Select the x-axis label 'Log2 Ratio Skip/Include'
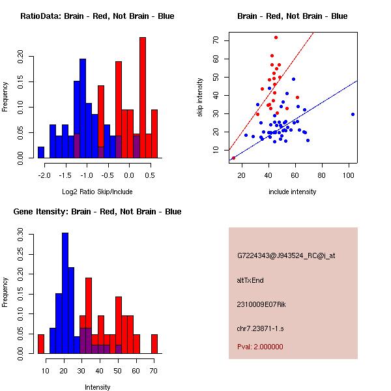97,192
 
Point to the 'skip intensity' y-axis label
201,98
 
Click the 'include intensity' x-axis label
293,192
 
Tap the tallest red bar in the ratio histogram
142,98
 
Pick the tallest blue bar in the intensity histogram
65,293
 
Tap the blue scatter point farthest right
353,114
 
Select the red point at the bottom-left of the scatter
233,158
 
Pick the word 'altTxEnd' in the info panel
250,280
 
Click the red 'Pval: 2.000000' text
260,347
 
